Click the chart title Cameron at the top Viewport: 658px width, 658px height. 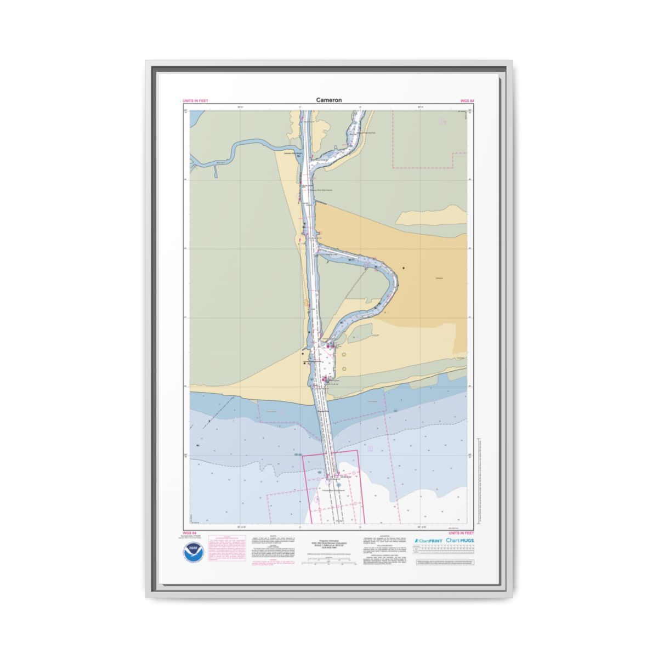pos(328,100)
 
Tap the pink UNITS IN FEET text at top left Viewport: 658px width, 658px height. pos(195,101)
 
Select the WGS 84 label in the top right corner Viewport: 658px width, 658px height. pos(468,101)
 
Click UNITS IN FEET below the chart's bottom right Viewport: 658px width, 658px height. pos(461,532)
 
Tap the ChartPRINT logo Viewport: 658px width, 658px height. pos(428,541)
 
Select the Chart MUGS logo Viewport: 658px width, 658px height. pos(460,541)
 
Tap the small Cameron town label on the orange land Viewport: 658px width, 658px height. pos(439,278)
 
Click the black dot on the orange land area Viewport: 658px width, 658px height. pos(404,268)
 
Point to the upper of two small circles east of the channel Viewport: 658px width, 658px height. pos(344,355)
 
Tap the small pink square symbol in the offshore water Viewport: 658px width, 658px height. pos(370,449)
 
